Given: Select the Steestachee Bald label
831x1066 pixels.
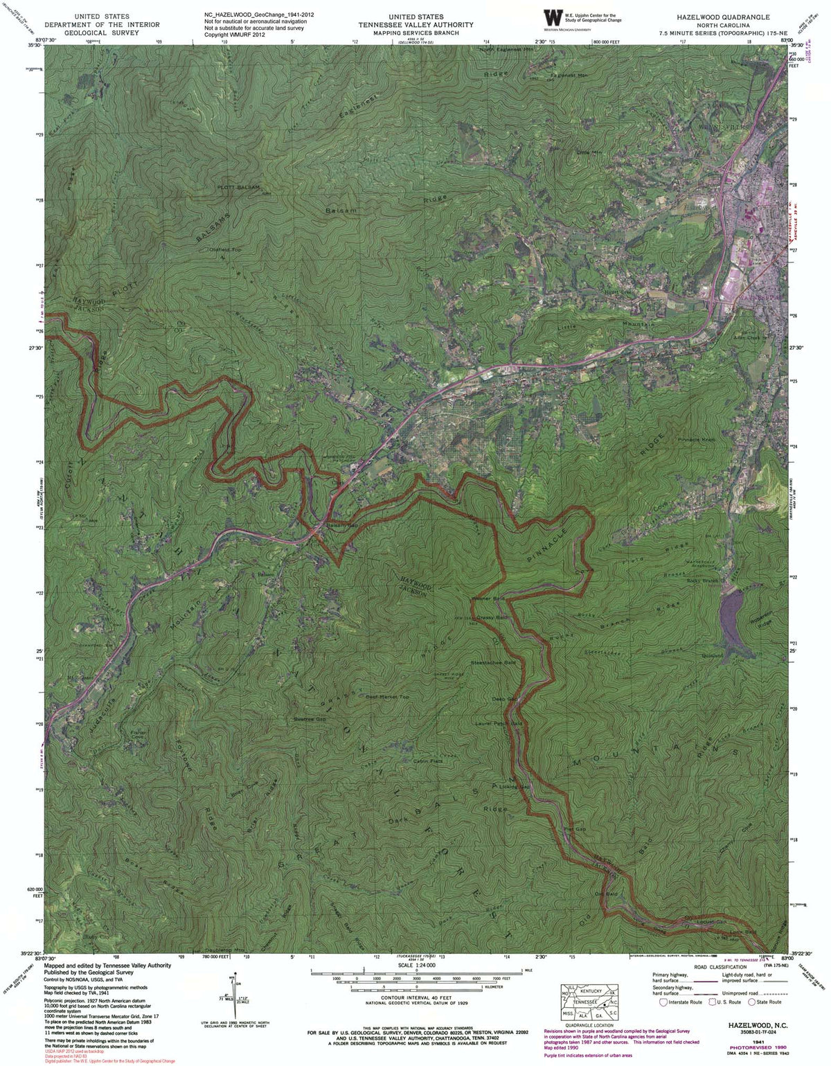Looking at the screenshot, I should pyautogui.click(x=493, y=663).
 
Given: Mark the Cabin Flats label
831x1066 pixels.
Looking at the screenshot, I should pyautogui.click(x=427, y=761).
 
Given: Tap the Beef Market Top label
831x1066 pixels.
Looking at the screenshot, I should pyautogui.click(x=388, y=697).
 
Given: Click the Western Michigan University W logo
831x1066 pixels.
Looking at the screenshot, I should pyautogui.click(x=553, y=18).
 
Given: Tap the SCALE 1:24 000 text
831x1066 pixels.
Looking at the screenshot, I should pyautogui.click(x=416, y=965).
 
